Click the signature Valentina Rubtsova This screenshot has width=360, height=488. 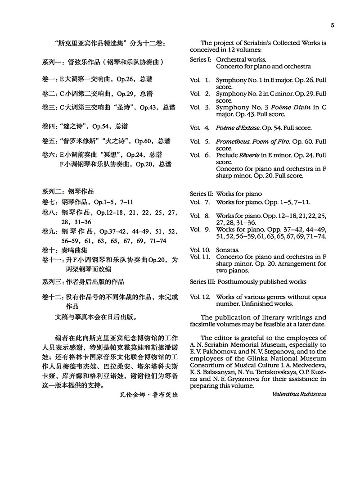click(x=299, y=394)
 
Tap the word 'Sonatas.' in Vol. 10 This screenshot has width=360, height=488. click(x=228, y=249)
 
